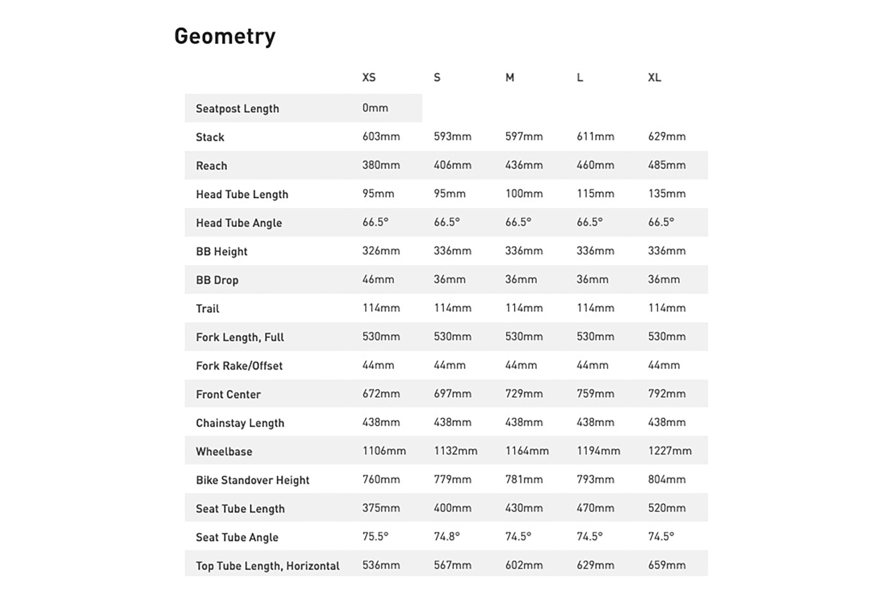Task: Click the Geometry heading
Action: coord(225,37)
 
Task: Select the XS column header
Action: coord(369,77)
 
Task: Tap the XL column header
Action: coord(654,77)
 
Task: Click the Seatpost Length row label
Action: coord(237,109)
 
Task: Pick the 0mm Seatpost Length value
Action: coord(375,108)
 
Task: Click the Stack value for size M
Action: coord(524,136)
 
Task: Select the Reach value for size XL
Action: coord(666,165)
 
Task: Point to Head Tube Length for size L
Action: coord(595,194)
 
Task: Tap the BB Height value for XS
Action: coord(381,251)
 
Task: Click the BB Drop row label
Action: coord(217,280)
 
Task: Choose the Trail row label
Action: coord(208,308)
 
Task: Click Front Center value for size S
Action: coord(452,394)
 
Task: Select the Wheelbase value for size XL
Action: coord(669,451)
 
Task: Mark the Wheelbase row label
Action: coord(224,451)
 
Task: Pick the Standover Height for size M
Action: coord(524,479)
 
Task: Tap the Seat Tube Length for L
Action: coord(595,508)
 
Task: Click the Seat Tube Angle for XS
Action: coord(375,536)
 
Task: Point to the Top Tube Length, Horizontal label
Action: coord(268,566)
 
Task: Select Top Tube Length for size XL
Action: coord(666,565)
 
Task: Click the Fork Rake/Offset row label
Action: coord(239,366)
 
